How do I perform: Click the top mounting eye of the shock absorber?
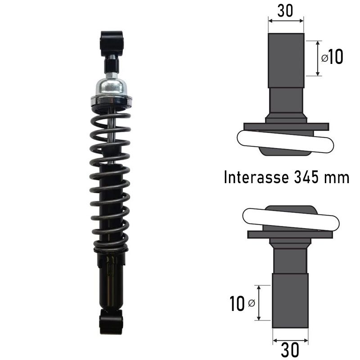point(112,43)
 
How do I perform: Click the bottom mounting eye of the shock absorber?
point(111,322)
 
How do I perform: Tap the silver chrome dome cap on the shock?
point(111,87)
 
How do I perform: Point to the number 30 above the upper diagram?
point(285,11)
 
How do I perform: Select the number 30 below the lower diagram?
point(290,350)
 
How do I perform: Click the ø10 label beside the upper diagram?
point(332,57)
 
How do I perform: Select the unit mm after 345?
point(336,178)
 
